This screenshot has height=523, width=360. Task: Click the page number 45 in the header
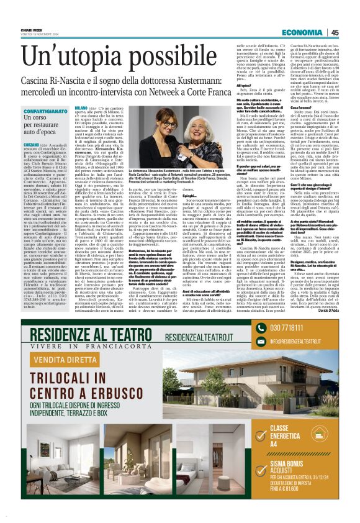click(335, 32)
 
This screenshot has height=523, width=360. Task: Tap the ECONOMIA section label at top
click(302, 32)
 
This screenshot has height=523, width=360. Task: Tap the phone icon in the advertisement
click(262, 328)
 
